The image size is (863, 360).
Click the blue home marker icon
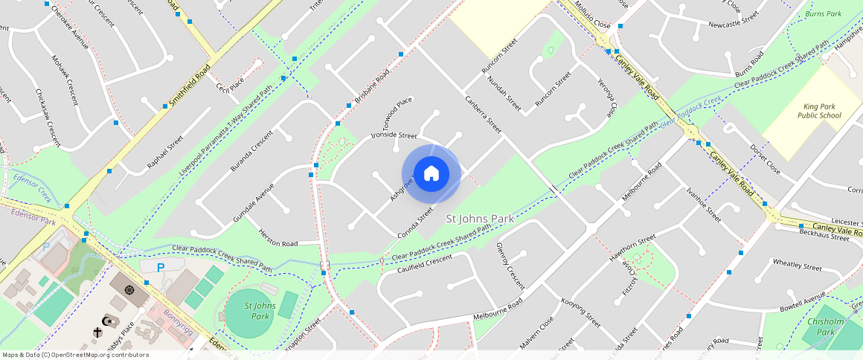coord(431,174)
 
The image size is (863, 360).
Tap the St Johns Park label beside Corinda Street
coord(479,219)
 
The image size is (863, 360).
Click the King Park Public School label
coord(819,111)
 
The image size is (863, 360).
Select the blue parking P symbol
coord(160,267)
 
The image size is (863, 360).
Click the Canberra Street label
coord(484,115)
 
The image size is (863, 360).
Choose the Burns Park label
coord(823,13)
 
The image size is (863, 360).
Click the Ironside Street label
coord(394,135)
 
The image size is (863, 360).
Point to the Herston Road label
coord(278,238)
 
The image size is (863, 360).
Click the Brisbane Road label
coord(372,86)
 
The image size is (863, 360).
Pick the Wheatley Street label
coord(797,266)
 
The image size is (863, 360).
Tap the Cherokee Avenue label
coord(68,32)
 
